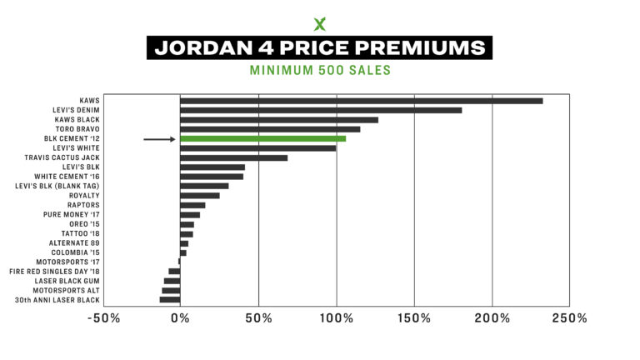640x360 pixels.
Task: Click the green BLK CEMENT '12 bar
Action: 262,139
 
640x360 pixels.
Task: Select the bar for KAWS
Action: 361,101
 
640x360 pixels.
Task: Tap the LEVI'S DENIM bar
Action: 321,110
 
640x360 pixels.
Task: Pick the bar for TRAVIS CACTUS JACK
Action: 233,157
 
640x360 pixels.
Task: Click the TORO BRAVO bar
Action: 270,129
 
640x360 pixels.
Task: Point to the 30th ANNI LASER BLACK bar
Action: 170,299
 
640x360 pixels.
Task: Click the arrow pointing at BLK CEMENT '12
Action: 159,139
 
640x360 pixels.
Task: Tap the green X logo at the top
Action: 320,23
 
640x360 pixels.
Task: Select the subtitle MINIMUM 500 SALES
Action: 320,70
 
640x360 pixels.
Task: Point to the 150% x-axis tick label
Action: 414,319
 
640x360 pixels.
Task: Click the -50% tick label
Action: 103,319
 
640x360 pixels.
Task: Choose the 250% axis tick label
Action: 571,319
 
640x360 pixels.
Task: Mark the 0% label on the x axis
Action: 180,319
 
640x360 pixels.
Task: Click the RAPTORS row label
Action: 83,205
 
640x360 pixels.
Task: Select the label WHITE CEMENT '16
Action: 67,177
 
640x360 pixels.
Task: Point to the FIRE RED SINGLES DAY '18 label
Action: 55,271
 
